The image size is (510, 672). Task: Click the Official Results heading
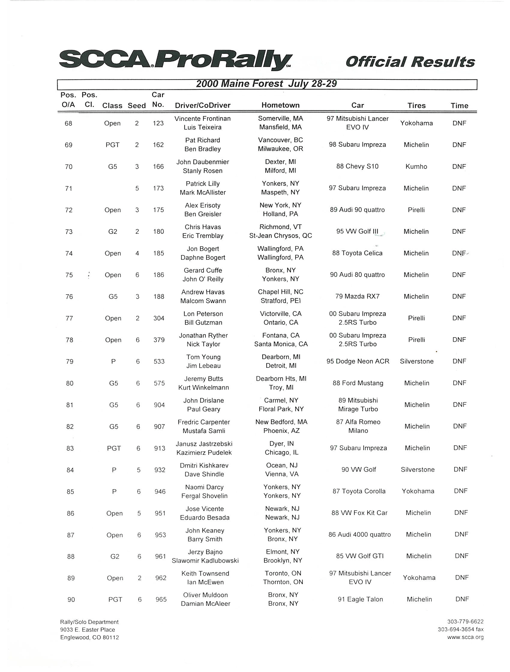click(x=410, y=62)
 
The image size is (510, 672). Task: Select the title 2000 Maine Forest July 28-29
click(x=266, y=84)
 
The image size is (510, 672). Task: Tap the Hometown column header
click(x=280, y=105)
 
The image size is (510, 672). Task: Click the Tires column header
click(x=416, y=105)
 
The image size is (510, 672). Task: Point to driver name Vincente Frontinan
click(x=202, y=118)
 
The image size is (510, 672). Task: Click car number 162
click(x=158, y=145)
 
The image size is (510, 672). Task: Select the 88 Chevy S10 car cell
click(x=357, y=166)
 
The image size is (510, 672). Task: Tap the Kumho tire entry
click(x=416, y=166)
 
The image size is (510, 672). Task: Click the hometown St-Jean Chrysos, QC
click(x=280, y=236)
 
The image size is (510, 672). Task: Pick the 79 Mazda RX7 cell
click(x=357, y=296)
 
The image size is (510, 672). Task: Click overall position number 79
click(x=70, y=361)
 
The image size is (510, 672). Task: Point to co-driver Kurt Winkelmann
click(x=203, y=388)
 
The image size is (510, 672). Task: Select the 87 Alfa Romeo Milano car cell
click(x=358, y=426)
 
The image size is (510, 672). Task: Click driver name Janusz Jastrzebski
click(x=204, y=444)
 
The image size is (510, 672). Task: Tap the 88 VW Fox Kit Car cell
click(x=359, y=513)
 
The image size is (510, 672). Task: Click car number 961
click(x=160, y=556)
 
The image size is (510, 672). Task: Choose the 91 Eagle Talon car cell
click(x=360, y=599)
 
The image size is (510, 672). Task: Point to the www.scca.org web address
click(x=465, y=637)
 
